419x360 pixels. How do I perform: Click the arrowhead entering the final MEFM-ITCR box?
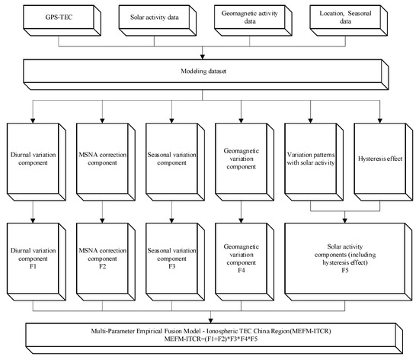(x=209, y=320)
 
